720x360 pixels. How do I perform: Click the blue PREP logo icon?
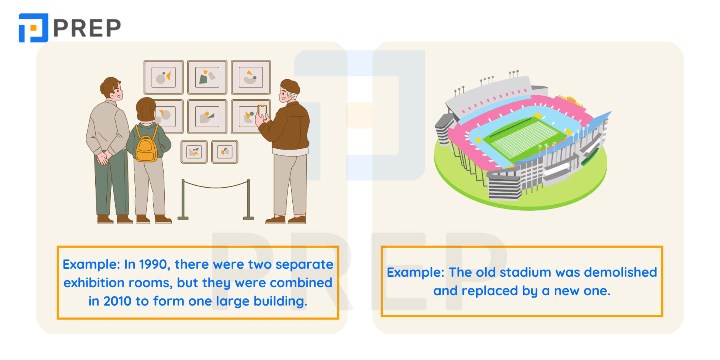pyautogui.click(x=33, y=28)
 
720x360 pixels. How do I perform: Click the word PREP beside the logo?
pyautogui.click(x=87, y=28)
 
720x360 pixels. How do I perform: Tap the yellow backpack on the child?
pyautogui.click(x=146, y=144)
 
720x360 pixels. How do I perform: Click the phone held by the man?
pyautogui.click(x=262, y=112)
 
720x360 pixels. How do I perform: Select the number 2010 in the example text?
pyautogui.click(x=118, y=301)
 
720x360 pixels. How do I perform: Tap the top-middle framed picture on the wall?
pyautogui.click(x=207, y=77)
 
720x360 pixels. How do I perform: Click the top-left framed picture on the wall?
pyautogui.click(x=164, y=77)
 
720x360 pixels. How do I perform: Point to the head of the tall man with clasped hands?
pyautogui.click(x=111, y=89)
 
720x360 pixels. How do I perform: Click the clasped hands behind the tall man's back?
pyautogui.click(x=103, y=157)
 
